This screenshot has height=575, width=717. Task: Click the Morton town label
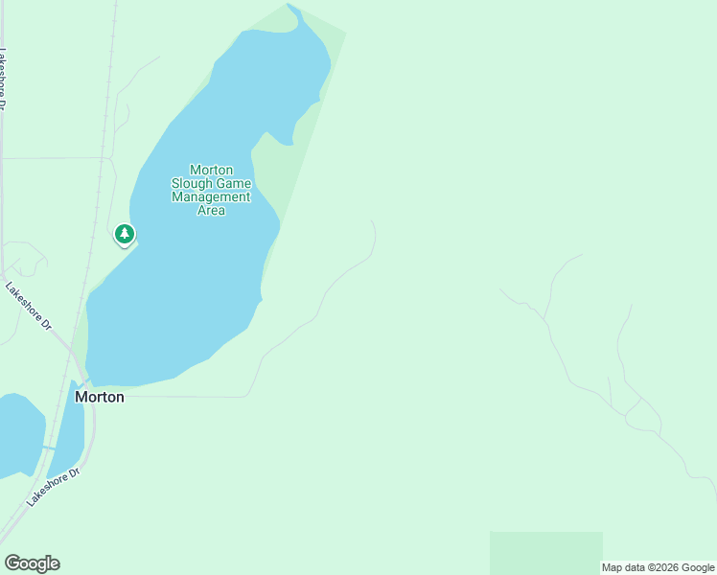tap(100, 397)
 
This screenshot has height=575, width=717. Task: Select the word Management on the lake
tap(211, 196)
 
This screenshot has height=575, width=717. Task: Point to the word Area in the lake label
tap(211, 210)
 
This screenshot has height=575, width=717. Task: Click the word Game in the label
tap(234, 183)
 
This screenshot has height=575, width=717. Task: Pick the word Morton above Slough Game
tap(211, 170)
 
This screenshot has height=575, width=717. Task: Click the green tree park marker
tap(124, 233)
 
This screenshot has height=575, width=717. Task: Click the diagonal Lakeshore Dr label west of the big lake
tap(29, 307)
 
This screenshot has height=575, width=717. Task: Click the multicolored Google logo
tap(32, 563)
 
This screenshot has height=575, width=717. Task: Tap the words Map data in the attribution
tap(621, 567)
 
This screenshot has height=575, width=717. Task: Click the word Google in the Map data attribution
tap(698, 567)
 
